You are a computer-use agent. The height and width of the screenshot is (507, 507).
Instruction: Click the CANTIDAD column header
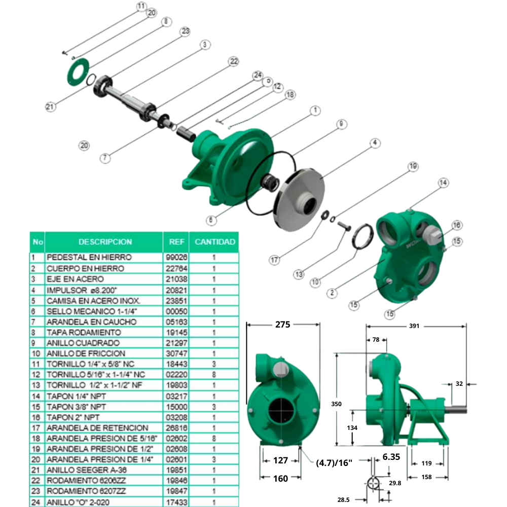215,242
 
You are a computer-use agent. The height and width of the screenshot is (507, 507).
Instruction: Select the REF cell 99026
174,258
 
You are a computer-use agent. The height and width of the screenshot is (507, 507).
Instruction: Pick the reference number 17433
174,502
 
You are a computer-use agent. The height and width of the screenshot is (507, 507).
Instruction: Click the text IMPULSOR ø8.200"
82,289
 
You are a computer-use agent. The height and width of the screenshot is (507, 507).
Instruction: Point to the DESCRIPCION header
105,242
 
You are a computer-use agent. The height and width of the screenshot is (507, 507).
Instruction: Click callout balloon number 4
374,143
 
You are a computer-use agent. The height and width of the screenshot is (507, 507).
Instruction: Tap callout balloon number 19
413,166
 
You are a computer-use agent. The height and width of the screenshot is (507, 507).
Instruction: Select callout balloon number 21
50,106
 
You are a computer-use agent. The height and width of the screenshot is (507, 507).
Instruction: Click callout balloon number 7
104,158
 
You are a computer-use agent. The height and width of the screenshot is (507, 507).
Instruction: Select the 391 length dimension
414,326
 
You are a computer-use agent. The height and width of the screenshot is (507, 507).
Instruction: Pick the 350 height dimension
337,404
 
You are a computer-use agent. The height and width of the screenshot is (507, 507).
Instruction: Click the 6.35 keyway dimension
391,456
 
